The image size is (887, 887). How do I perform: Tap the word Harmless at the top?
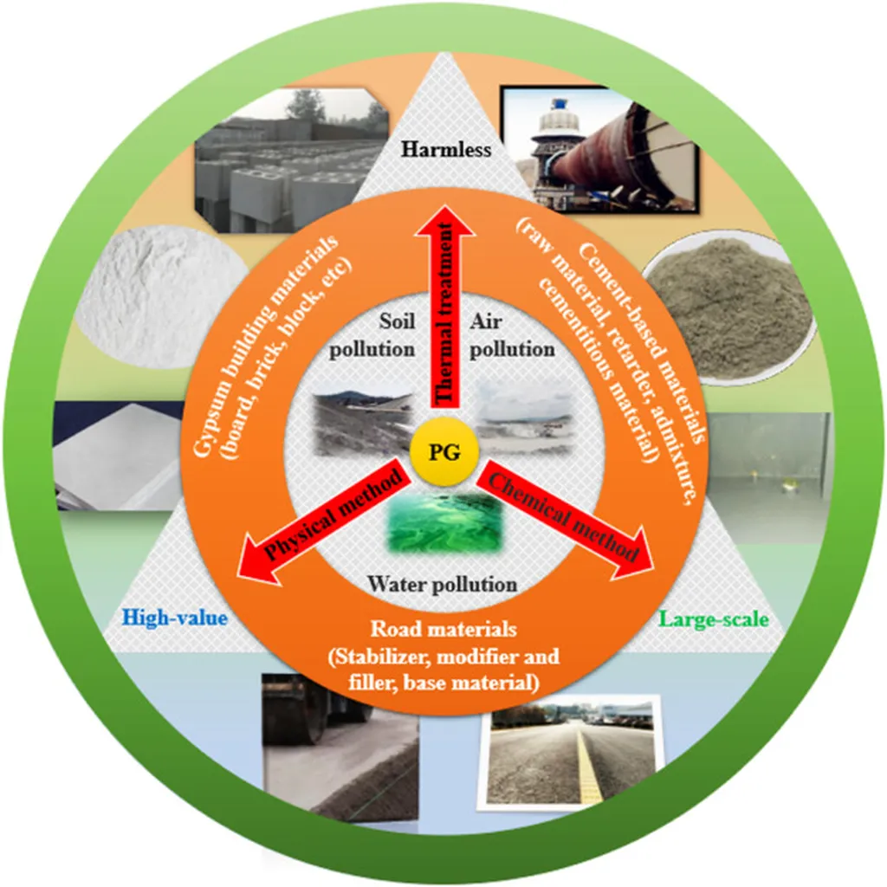coord(445,150)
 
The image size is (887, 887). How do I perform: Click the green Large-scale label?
coord(715,618)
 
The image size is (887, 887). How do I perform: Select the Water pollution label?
coord(442,584)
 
